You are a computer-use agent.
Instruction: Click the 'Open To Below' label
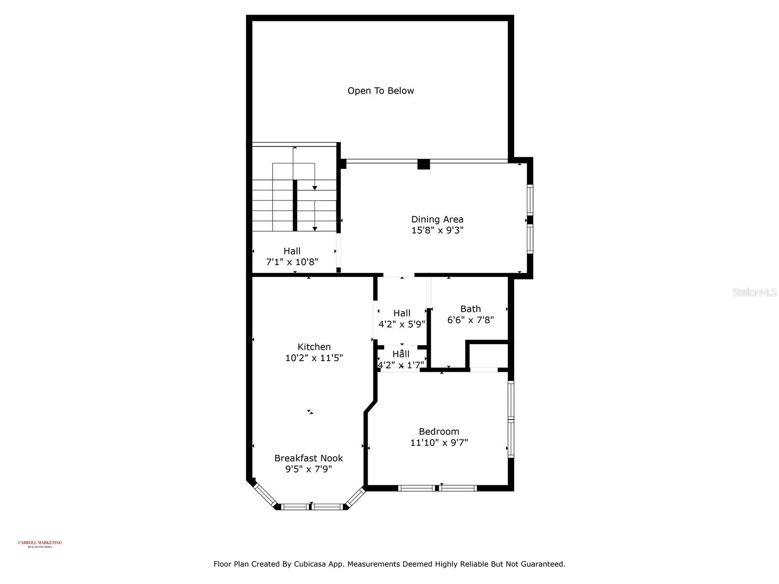[x=381, y=91]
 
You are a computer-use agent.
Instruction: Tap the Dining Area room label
[x=437, y=219]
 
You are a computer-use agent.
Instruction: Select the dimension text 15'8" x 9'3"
[x=437, y=231]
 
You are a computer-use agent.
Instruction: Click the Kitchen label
[x=314, y=347]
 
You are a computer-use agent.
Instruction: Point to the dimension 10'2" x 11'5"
[x=314, y=358]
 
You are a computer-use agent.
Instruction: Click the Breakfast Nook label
[x=309, y=458]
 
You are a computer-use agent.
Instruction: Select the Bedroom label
[x=439, y=432]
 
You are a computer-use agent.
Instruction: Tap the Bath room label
[x=470, y=309]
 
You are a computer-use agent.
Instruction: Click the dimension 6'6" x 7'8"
[x=470, y=320]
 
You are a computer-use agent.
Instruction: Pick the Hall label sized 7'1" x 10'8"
[x=292, y=251]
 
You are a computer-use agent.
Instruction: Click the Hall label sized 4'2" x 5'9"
[x=402, y=313]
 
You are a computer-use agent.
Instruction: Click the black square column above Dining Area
[x=424, y=164]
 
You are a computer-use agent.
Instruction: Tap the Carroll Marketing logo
[x=40, y=544]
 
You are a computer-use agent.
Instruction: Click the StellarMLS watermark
[x=755, y=292]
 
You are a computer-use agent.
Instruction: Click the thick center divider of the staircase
[x=295, y=205]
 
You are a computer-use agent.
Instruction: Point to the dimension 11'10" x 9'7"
[x=439, y=443]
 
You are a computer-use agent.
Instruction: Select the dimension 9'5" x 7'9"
[x=309, y=470]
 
